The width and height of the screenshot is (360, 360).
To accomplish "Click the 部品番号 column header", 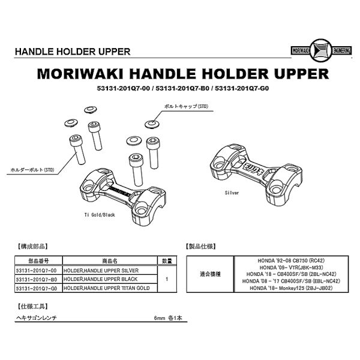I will [x=38, y=262].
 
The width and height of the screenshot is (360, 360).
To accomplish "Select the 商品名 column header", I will [x=110, y=262].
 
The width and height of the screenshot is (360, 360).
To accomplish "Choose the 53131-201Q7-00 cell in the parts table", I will [x=38, y=271].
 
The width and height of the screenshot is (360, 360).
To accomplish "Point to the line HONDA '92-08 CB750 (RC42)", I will [x=290, y=262].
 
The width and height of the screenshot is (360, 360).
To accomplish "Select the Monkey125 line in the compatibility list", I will [x=290, y=288].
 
